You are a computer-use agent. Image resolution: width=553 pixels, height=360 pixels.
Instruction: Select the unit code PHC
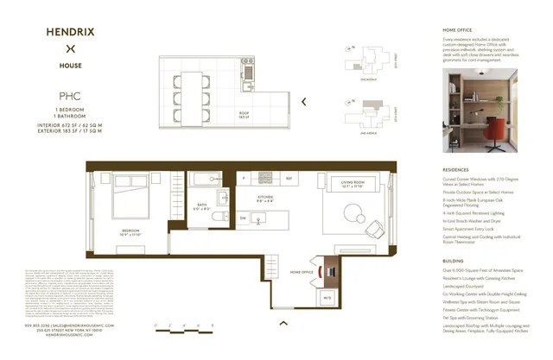(x=70, y=98)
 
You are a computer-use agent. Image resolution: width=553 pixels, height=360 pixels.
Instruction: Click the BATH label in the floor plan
(x=201, y=206)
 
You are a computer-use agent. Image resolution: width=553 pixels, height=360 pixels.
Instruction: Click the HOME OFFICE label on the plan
(x=301, y=272)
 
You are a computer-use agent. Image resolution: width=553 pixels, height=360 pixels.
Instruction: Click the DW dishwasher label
(x=244, y=218)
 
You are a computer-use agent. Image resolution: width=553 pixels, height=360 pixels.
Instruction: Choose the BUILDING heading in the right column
(x=454, y=260)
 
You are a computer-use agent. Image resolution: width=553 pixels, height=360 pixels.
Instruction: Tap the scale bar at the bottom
(x=185, y=325)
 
